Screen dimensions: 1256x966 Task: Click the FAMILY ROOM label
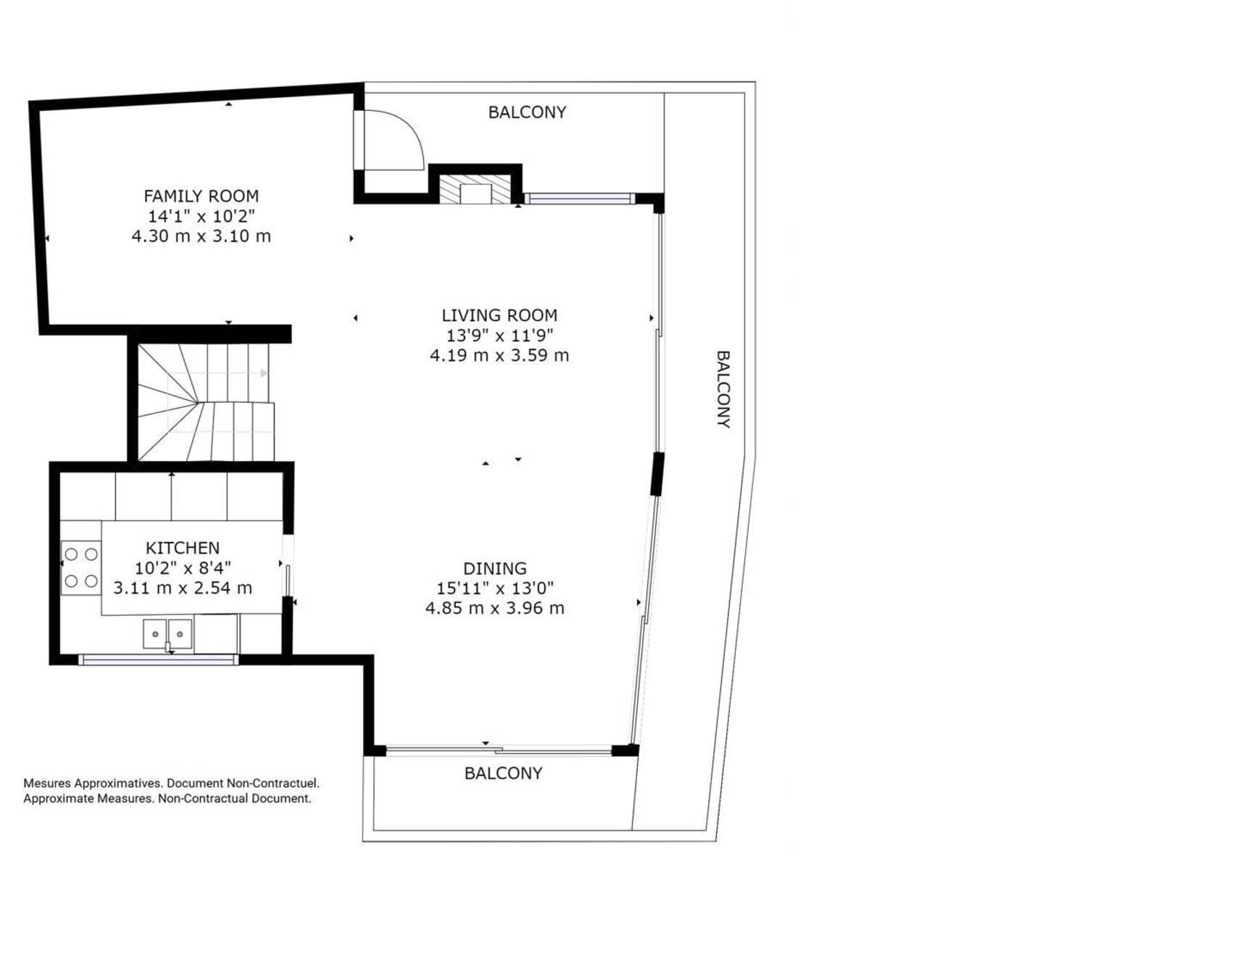pos(201,196)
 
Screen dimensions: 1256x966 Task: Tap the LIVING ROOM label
pos(499,315)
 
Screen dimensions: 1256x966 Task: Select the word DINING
pos(495,568)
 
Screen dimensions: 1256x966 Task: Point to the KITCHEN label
pos(183,548)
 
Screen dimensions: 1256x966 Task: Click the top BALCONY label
pos(527,112)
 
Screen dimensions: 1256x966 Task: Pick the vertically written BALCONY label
pos(723,389)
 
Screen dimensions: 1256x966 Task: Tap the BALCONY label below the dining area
pos(503,773)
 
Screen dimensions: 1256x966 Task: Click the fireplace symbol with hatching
pos(475,189)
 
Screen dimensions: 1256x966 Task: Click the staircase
pos(206,401)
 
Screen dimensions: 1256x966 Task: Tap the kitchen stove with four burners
pos(80,568)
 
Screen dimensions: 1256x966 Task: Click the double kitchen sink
pos(167,634)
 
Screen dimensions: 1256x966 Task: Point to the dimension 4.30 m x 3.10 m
pos(201,236)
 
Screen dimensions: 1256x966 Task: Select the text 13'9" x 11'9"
pos(499,336)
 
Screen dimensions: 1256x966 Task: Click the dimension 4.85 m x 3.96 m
pos(495,608)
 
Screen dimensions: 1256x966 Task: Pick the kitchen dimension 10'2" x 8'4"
pos(183,568)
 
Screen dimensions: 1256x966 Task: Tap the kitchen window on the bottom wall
pos(158,659)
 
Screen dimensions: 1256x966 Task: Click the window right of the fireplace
pos(580,199)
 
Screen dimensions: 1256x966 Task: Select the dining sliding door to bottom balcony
pos(499,750)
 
